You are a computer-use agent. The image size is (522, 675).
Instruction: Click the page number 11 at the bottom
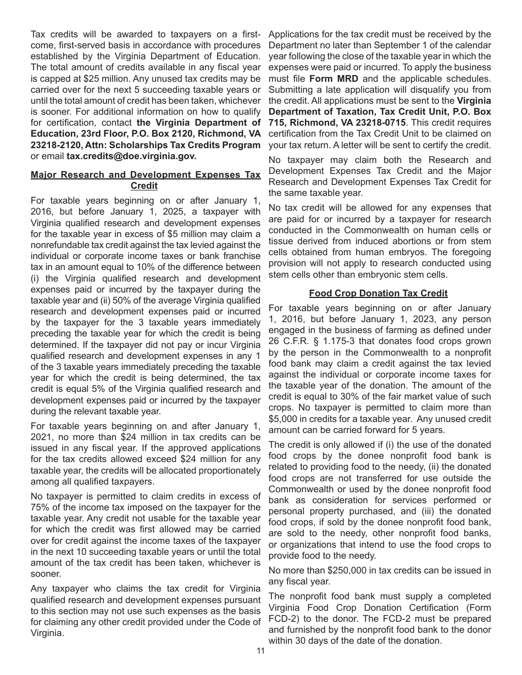(x=260, y=651)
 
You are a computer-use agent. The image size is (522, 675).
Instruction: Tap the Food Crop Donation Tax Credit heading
(x=378, y=293)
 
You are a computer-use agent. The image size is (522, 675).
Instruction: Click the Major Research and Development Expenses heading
(x=146, y=175)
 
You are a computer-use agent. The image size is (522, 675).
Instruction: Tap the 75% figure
(x=41, y=507)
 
